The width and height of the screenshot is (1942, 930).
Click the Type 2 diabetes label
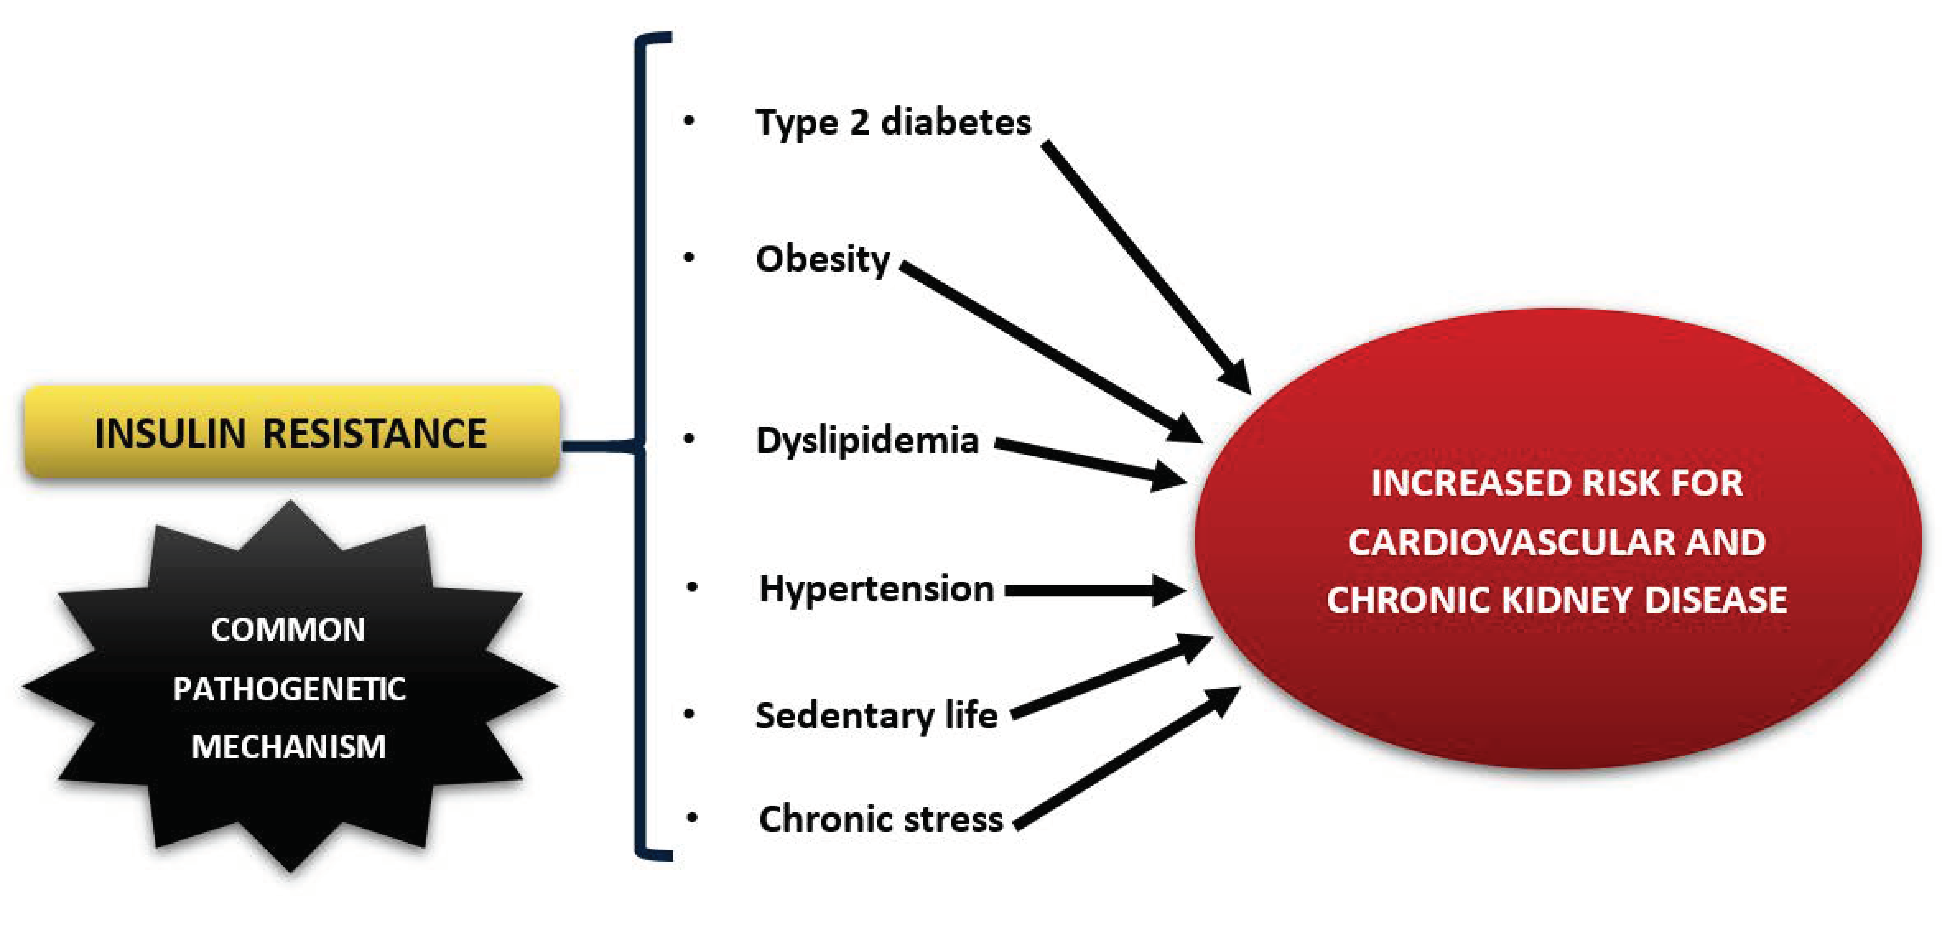(893, 122)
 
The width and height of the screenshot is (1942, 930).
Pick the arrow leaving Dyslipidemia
(1086, 460)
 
